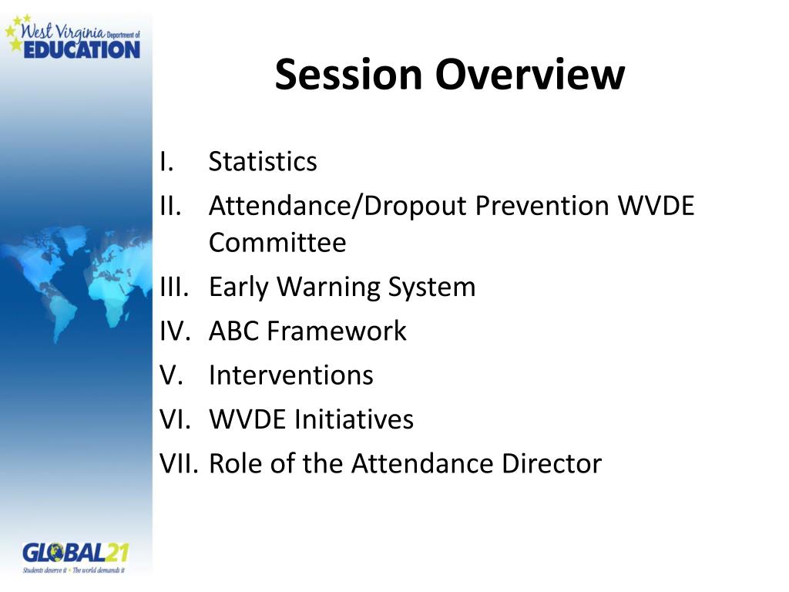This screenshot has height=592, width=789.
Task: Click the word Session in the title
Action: pos(348,74)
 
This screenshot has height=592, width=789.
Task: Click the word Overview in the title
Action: pos(530,74)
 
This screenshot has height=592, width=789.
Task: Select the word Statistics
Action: pos(263,162)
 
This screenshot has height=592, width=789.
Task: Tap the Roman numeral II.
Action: pos(170,206)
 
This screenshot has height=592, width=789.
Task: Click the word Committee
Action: pos(277,243)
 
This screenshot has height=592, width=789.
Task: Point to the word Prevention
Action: pos(542,206)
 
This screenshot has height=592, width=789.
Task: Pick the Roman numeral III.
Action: pos(174,287)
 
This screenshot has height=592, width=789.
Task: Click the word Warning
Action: pos(329,287)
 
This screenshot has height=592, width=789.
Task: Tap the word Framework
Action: pos(337,331)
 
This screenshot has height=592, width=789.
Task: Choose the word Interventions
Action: pos(290,375)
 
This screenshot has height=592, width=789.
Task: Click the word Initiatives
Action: pos(354,420)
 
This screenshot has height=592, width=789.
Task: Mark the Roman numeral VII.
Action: pos(179,463)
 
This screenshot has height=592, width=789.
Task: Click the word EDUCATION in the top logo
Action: pos(82,49)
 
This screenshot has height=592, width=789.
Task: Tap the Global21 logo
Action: pos(75,557)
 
